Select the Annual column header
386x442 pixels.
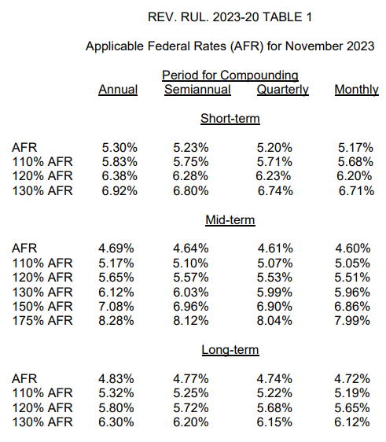pyautogui.click(x=118, y=90)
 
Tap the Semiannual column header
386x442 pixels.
pyautogui.click(x=197, y=90)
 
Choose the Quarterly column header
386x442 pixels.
pyautogui.click(x=282, y=90)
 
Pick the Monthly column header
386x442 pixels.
pyautogui.click(x=356, y=90)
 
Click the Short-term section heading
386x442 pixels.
pyautogui.click(x=230, y=119)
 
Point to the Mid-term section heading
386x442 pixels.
pyautogui.click(x=230, y=220)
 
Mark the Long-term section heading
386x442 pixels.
pyautogui.click(x=230, y=350)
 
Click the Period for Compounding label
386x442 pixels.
pyautogui.click(x=230, y=76)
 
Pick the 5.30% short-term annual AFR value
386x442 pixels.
pyautogui.click(x=119, y=147)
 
